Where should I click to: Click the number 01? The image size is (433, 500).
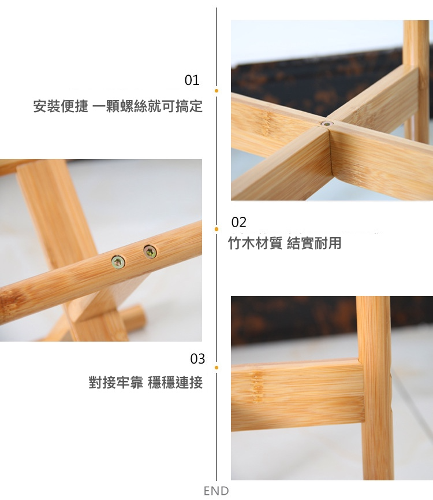click(192, 80)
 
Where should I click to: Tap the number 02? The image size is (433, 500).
click(239, 223)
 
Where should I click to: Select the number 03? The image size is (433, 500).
click(197, 359)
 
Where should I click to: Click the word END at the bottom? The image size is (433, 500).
click(216, 491)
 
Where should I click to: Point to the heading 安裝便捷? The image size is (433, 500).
click(61, 106)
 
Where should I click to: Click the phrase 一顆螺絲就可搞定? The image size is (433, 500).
click(147, 106)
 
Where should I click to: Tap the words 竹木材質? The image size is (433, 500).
click(255, 243)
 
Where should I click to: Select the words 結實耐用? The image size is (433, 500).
click(314, 243)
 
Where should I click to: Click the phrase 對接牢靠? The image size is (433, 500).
click(116, 382)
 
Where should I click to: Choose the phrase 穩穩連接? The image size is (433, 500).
click(175, 382)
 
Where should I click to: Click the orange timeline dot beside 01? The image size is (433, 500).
click(216, 91)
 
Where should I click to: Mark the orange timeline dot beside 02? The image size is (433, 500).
click(216, 229)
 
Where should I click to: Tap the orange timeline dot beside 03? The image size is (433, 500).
click(216, 368)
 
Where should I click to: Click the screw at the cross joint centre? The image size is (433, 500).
click(326, 123)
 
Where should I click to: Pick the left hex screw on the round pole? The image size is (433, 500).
click(118, 262)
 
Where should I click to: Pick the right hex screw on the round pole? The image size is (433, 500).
click(150, 252)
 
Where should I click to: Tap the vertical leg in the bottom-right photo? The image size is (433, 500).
click(375, 388)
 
